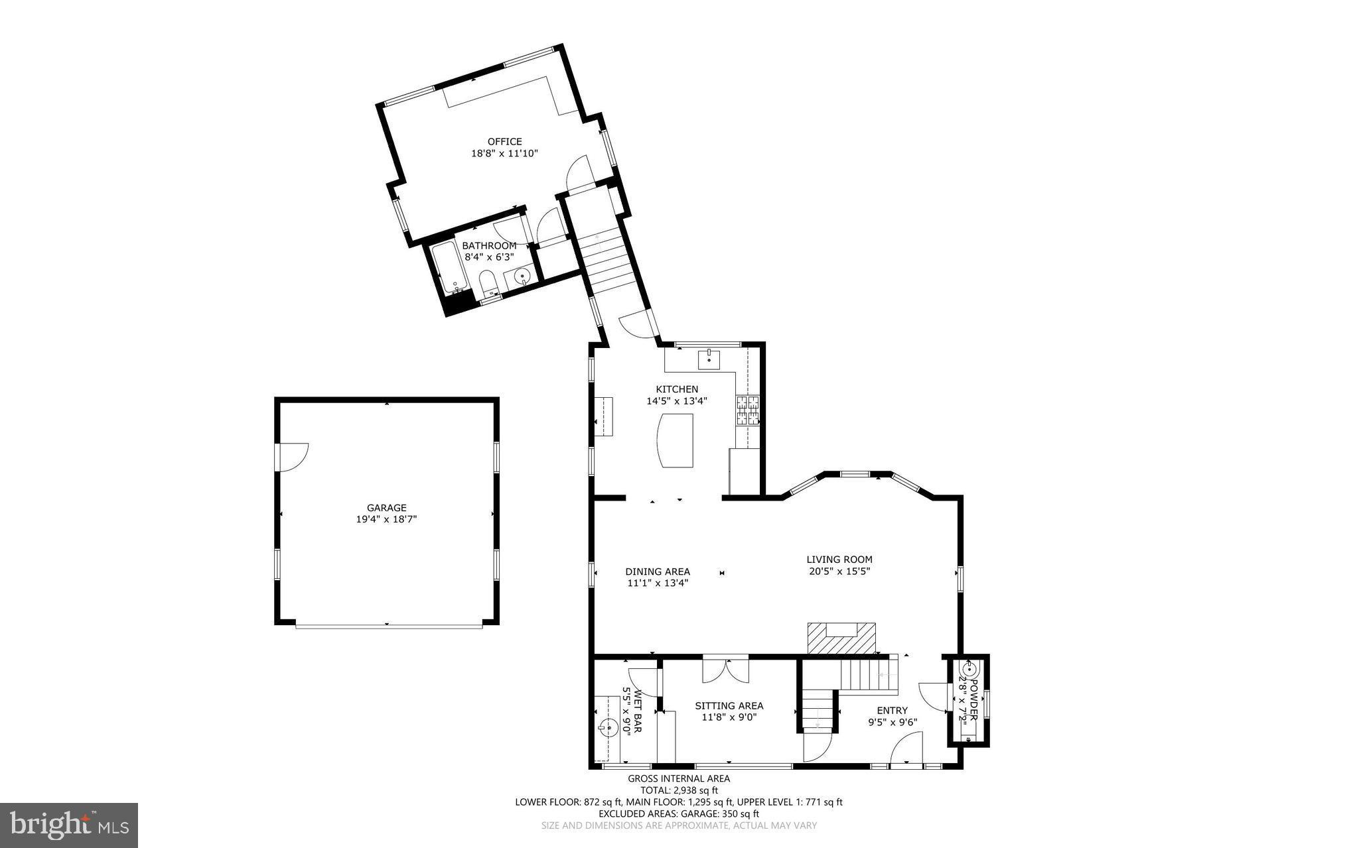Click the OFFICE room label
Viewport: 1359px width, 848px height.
click(504, 141)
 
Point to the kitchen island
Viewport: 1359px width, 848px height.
click(674, 441)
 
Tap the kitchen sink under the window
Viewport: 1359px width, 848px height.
click(709, 359)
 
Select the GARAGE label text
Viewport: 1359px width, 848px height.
click(386, 508)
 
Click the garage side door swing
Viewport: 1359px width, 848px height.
click(292, 457)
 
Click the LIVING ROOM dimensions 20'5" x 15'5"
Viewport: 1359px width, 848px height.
click(839, 571)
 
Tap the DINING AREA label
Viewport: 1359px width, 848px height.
click(657, 572)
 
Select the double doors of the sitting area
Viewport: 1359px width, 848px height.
click(726, 670)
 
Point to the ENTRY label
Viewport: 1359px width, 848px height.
click(892, 710)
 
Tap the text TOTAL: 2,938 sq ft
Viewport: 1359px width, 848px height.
click(679, 790)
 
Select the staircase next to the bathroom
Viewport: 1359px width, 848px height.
click(605, 262)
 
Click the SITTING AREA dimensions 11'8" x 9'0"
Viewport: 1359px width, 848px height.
click(729, 717)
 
